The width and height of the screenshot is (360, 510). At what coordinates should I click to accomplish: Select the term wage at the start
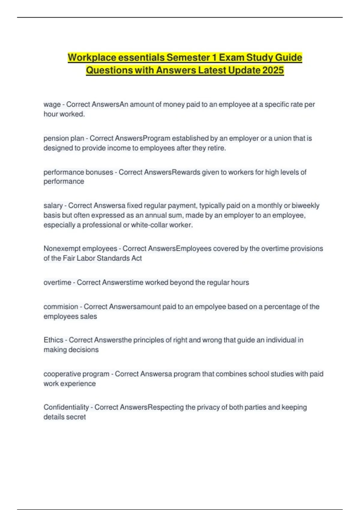[x=52, y=104]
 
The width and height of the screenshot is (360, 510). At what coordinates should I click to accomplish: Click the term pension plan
[x=64, y=138]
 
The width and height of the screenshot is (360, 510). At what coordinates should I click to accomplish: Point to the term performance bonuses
[x=78, y=172]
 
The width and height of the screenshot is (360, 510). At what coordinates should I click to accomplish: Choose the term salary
[x=53, y=205]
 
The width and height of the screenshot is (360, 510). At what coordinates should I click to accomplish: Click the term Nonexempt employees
[x=80, y=248]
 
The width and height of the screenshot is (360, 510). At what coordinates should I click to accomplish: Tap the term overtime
[x=57, y=282]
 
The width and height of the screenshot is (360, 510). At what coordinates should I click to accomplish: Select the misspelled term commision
[x=61, y=307]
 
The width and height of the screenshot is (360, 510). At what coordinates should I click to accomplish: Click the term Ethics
[x=53, y=340]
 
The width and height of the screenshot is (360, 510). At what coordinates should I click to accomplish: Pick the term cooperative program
[x=76, y=374]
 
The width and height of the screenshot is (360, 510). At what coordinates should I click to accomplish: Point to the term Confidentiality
[x=66, y=407]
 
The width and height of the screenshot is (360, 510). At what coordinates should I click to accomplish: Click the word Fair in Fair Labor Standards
[x=69, y=258]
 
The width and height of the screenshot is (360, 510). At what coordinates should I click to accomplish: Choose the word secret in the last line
[x=76, y=417]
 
